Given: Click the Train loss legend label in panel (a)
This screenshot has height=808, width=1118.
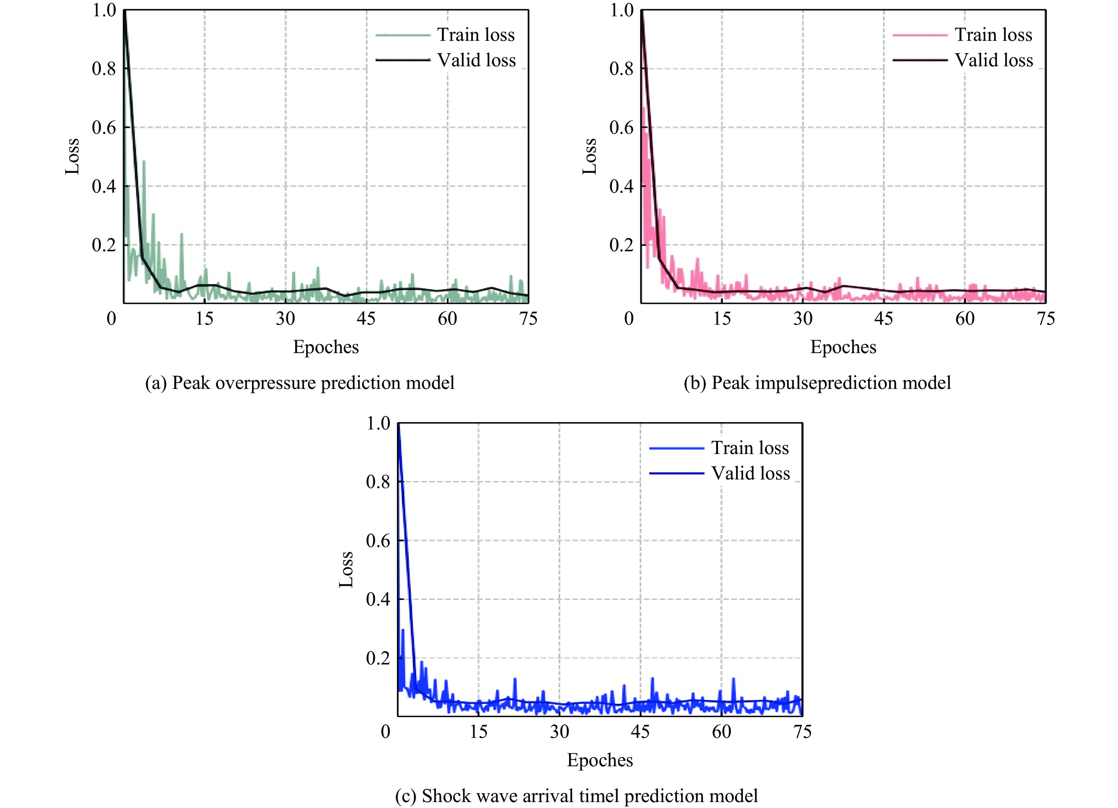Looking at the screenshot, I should click(x=475, y=35).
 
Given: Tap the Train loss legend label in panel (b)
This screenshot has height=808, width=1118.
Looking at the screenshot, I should click(x=993, y=35).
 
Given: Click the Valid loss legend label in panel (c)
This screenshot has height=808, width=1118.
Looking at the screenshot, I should click(x=750, y=474).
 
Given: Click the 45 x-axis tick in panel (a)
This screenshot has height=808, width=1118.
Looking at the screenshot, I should click(x=366, y=319).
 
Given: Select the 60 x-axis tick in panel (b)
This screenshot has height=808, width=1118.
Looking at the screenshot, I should click(x=965, y=319).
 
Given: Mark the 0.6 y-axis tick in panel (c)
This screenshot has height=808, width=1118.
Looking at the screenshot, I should click(x=378, y=541).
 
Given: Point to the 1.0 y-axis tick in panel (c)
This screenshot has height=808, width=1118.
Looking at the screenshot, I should click(x=378, y=423).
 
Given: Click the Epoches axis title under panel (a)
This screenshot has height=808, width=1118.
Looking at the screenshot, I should click(x=326, y=347).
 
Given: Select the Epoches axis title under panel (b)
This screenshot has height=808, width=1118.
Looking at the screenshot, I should click(x=843, y=347).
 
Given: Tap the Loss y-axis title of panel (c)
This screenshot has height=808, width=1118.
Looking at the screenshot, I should click(x=347, y=570).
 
